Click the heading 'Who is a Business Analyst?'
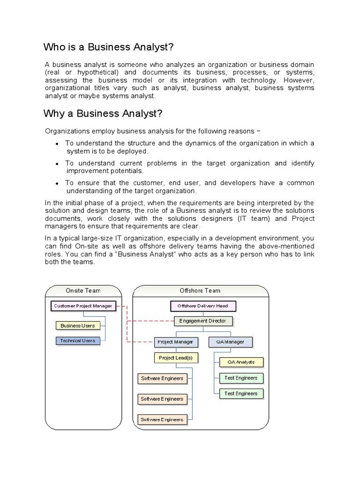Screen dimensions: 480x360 108,47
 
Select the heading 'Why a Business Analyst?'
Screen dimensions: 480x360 103,114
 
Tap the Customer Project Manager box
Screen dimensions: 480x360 83,306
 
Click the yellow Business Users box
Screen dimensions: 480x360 77,325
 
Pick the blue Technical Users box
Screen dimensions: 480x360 77,341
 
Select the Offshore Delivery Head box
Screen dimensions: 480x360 202,306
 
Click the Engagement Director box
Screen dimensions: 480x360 202,321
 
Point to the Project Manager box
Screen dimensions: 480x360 176,342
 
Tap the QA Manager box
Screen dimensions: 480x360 230,342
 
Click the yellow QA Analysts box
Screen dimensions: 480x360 241,362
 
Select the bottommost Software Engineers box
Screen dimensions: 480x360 162,420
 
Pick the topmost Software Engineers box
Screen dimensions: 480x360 162,378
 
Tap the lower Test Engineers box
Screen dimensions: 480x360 241,393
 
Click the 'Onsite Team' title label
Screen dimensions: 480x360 83,291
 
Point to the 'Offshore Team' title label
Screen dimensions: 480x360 200,291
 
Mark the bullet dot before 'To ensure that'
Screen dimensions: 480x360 57,183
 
